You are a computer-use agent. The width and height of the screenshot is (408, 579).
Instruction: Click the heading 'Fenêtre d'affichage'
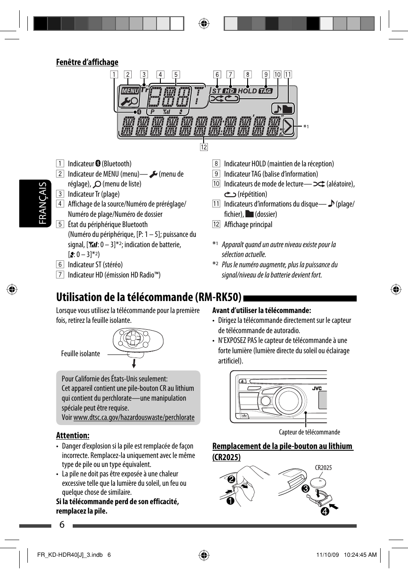pos(87,62)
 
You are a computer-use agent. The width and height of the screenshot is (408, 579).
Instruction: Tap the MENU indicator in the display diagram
pos(130,91)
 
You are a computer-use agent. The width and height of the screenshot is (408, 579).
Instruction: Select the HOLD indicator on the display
pos(247,91)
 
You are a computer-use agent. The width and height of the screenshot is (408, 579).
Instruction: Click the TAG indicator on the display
pos(266,91)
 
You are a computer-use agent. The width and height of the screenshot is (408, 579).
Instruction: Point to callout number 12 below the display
pos(204,147)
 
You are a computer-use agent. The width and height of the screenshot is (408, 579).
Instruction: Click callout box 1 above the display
pos(114,74)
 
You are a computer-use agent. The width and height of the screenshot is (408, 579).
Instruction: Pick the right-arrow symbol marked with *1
pos(288,127)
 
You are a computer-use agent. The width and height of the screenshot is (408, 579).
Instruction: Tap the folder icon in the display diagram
pos(287,109)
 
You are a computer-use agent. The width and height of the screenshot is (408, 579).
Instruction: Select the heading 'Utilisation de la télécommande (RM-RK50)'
pos(148,297)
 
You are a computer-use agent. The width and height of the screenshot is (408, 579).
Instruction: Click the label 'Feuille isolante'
pos(80,354)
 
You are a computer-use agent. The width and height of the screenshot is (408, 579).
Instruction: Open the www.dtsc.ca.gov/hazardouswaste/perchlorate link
pos(133,417)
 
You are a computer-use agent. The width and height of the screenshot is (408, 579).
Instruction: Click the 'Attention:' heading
pos(73,435)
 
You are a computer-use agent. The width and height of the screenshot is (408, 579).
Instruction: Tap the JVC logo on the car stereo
pos(316,388)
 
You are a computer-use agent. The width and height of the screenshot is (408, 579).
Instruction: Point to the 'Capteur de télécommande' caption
pos(309,432)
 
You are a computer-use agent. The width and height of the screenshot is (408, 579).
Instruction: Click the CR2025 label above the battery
pos(323,467)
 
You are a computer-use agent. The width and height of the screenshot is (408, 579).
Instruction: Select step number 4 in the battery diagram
pos(325,511)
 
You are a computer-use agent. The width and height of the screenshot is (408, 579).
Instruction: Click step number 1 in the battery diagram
pos(230,501)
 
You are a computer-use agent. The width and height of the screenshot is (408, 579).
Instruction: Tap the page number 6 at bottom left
pos(62,525)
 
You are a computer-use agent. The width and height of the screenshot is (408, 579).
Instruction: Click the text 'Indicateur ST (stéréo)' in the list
pos(95,265)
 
